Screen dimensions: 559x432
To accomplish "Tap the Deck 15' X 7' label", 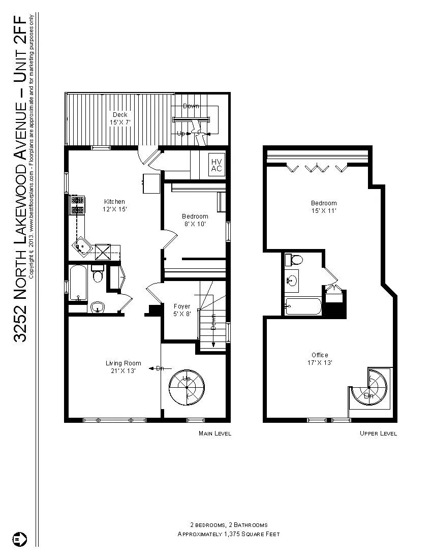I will pos(120,118).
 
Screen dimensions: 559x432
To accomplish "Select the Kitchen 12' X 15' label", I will pos(114,205).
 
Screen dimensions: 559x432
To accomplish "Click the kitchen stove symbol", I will pos(77,204).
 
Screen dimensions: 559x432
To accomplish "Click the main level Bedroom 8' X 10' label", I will pos(195,220).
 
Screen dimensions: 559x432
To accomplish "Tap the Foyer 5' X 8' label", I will pos(181,310).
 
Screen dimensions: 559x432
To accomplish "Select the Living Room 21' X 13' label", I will pos(123,367).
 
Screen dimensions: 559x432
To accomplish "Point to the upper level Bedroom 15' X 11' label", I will pos(324,207).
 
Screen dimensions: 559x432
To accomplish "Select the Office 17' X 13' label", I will pos(320,359).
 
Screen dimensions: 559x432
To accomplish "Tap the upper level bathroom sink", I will pos(292,280).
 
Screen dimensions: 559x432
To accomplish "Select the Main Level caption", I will pos(214,433).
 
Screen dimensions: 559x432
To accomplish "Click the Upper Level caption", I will pos(378,433).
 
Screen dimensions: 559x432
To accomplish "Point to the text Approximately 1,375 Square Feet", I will pos(228,534).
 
